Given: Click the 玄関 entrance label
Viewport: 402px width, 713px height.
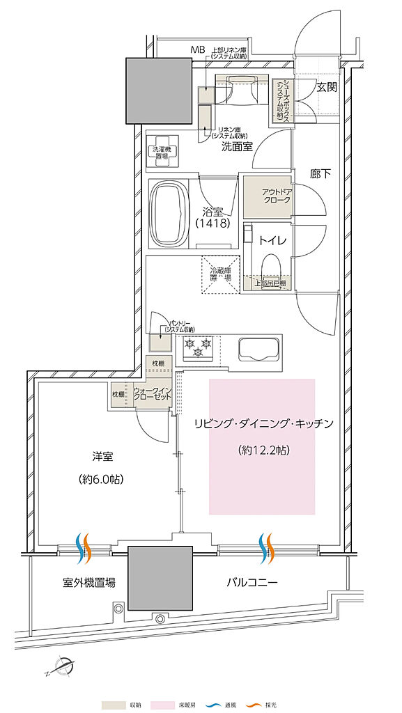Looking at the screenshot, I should click(x=327, y=87).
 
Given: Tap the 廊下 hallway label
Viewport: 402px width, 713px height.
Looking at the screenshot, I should click(x=320, y=174).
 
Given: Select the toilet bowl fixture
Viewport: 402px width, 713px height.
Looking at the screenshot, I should click(x=271, y=267).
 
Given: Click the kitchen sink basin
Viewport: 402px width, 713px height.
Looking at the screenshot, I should click(x=258, y=348).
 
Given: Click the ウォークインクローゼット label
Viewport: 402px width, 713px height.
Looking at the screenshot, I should click(x=151, y=394).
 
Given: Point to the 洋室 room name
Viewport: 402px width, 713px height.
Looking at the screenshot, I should click(x=102, y=457).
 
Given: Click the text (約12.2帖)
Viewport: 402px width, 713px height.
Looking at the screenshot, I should click(x=263, y=450).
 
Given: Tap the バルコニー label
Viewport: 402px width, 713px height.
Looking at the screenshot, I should click(x=252, y=581).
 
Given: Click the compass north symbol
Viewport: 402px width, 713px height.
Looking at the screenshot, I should click(x=64, y=666).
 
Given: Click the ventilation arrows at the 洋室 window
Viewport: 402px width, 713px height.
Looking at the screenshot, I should click(x=84, y=548).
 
